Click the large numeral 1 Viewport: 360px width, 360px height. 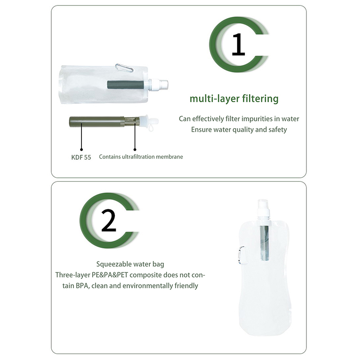pos(238,44)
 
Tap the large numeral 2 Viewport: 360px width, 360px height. pos(108,220)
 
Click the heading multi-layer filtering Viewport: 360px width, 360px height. pos(234,99)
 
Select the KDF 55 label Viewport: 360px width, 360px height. pos(81,157)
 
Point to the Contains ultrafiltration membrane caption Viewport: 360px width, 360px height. pos(141,157)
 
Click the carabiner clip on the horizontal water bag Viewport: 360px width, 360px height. pos(124,68)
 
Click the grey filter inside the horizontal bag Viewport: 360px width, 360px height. pos(126,85)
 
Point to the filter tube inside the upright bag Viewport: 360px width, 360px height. pos(265,243)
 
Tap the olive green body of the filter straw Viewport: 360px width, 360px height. pos(97,121)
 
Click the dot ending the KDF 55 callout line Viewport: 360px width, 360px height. pos(81,149)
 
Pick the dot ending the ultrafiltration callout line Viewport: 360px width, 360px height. pos(135,149)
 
